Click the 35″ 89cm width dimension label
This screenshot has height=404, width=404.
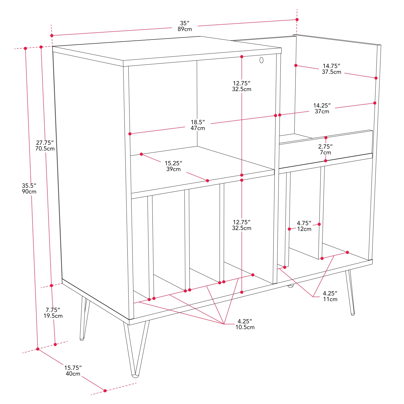[x=185, y=26]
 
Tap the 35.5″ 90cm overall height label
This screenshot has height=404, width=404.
[x=29, y=189]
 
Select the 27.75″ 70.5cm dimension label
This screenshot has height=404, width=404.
[x=45, y=145]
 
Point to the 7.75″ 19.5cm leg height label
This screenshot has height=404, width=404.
[x=53, y=313]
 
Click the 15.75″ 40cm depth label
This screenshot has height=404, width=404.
[x=73, y=371]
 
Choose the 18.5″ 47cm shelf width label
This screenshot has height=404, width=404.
[x=198, y=125]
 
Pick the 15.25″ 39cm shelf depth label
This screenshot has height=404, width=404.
[x=173, y=166]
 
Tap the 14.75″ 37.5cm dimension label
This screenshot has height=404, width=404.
[x=332, y=69]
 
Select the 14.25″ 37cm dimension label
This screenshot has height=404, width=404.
[x=322, y=108]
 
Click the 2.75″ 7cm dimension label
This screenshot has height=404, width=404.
[x=325, y=149]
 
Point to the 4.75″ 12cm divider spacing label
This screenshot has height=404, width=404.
[x=304, y=226]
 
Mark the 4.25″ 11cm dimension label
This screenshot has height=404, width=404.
[x=330, y=296]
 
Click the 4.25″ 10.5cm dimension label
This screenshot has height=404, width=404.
[x=245, y=324]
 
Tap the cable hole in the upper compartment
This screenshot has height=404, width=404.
[x=261, y=60]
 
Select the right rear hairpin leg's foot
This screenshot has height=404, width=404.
[x=353, y=314]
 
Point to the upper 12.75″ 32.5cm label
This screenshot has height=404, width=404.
[x=242, y=86]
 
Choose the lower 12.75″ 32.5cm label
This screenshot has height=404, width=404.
[x=242, y=225]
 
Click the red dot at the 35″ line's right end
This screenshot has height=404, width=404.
[x=297, y=20]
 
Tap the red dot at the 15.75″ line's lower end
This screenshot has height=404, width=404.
[x=105, y=391]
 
